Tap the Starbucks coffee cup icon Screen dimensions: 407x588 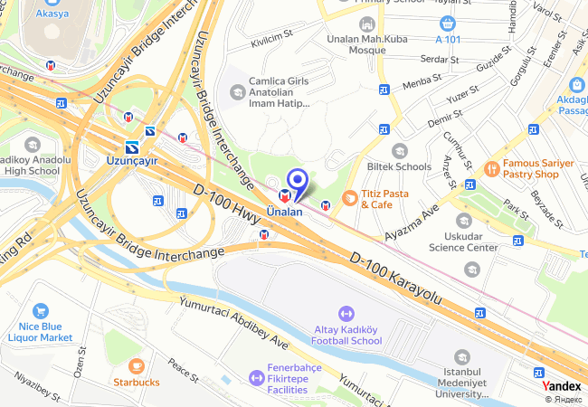tap(137, 365)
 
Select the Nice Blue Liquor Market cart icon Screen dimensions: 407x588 tap(40, 312)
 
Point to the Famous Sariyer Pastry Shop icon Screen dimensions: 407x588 tap(491, 167)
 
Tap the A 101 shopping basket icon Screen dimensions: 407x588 tap(446, 23)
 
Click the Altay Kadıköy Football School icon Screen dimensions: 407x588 tap(346, 313)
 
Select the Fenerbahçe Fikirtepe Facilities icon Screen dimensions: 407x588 tap(252, 370)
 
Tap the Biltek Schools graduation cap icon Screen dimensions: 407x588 tap(400, 150)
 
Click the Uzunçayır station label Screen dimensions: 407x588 tap(132, 160)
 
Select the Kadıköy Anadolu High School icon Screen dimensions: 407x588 tap(33, 145)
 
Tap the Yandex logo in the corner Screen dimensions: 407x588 tap(561, 386)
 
